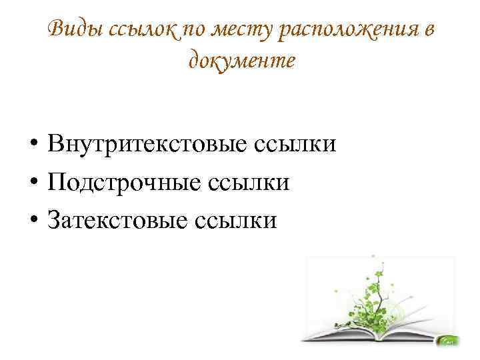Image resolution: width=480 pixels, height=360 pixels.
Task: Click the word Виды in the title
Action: click(x=75, y=29)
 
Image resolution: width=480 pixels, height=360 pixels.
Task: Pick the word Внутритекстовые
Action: click(x=147, y=144)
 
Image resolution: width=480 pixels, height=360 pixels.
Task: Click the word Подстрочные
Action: click(x=124, y=183)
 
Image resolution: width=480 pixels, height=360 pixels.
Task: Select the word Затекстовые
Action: click(x=117, y=219)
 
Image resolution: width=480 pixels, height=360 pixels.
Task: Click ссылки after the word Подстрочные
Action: click(x=249, y=184)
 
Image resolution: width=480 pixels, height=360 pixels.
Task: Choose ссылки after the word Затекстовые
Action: click(x=236, y=221)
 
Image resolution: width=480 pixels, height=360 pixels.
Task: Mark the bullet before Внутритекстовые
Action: click(x=34, y=143)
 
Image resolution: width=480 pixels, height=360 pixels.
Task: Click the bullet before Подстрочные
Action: click(x=34, y=181)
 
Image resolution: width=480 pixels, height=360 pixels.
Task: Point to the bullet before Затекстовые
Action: click(x=34, y=219)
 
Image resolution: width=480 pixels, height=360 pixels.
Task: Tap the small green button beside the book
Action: click(x=449, y=341)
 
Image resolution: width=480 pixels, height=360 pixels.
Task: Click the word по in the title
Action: click(x=195, y=31)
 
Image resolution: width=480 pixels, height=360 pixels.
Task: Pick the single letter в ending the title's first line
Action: click(x=429, y=31)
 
